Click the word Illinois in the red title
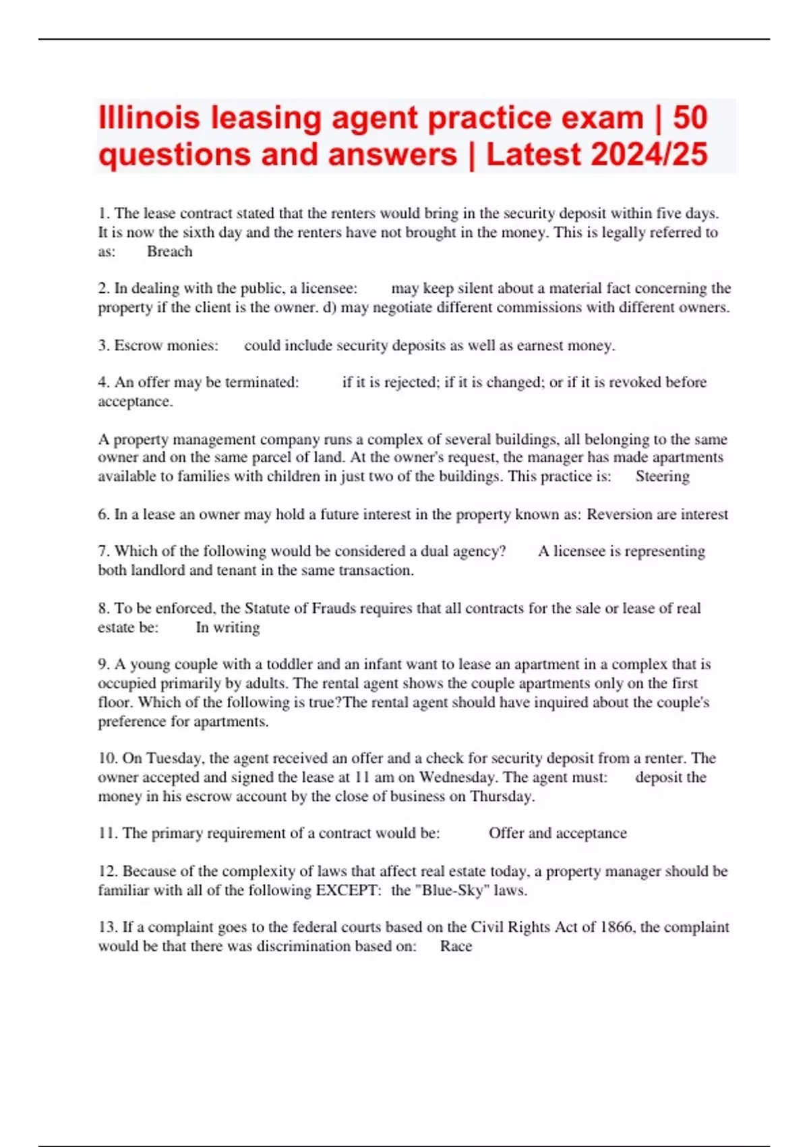pyautogui.click(x=149, y=117)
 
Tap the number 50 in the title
pyautogui.click(x=690, y=117)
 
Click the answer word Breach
pyautogui.click(x=170, y=252)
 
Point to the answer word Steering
pyautogui.click(x=662, y=476)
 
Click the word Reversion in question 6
pyautogui.click(x=619, y=514)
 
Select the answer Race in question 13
pyautogui.click(x=456, y=946)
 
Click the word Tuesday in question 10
pyautogui.click(x=172, y=758)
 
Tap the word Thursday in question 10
pyautogui.click(x=502, y=796)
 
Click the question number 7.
pyautogui.click(x=103, y=551)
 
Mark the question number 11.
pyautogui.click(x=107, y=833)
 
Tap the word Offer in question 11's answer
pyautogui.click(x=506, y=833)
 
